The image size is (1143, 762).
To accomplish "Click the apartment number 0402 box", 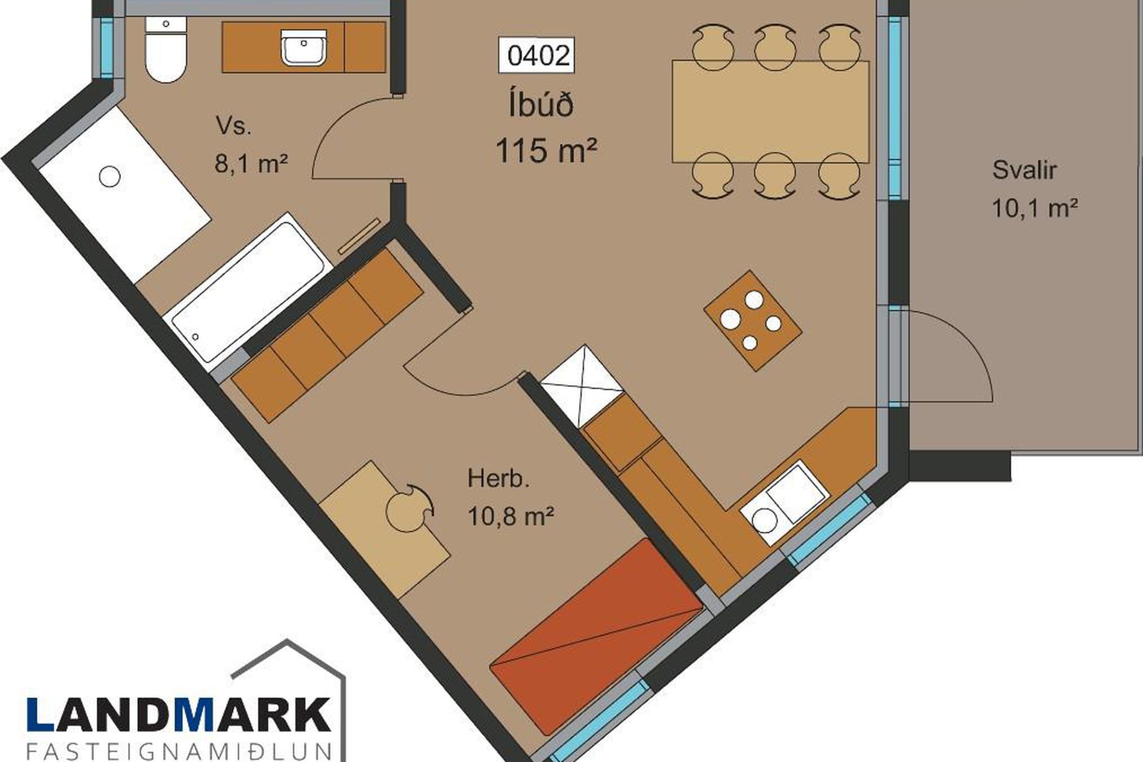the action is (539, 55).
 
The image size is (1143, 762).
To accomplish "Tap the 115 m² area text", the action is (546, 150).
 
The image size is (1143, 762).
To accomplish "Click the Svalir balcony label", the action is (1024, 170).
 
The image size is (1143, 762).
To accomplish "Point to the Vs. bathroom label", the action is (234, 126).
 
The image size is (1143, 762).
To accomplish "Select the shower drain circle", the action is (110, 176).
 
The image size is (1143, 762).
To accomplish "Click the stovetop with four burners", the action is (752, 320).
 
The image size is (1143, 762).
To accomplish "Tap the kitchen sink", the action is (785, 504).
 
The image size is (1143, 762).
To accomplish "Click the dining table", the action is (770, 111).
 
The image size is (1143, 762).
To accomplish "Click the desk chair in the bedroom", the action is (409, 509).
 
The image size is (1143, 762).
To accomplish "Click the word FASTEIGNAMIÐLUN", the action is (179, 751).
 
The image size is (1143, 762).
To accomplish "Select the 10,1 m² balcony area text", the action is (1035, 208).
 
